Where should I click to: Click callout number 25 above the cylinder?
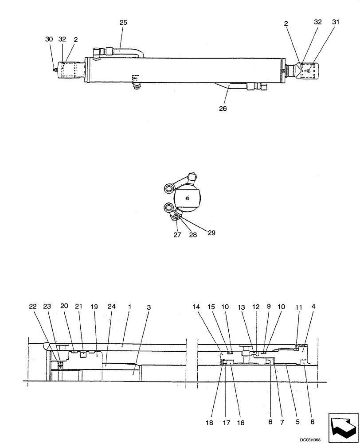123,22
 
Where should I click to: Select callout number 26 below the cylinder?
223,108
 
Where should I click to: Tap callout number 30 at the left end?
49,39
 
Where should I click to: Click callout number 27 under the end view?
177,235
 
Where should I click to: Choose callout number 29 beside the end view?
211,232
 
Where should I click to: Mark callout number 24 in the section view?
112,307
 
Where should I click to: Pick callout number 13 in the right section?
242,307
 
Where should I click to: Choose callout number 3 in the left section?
149,307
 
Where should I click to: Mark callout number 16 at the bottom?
241,423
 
